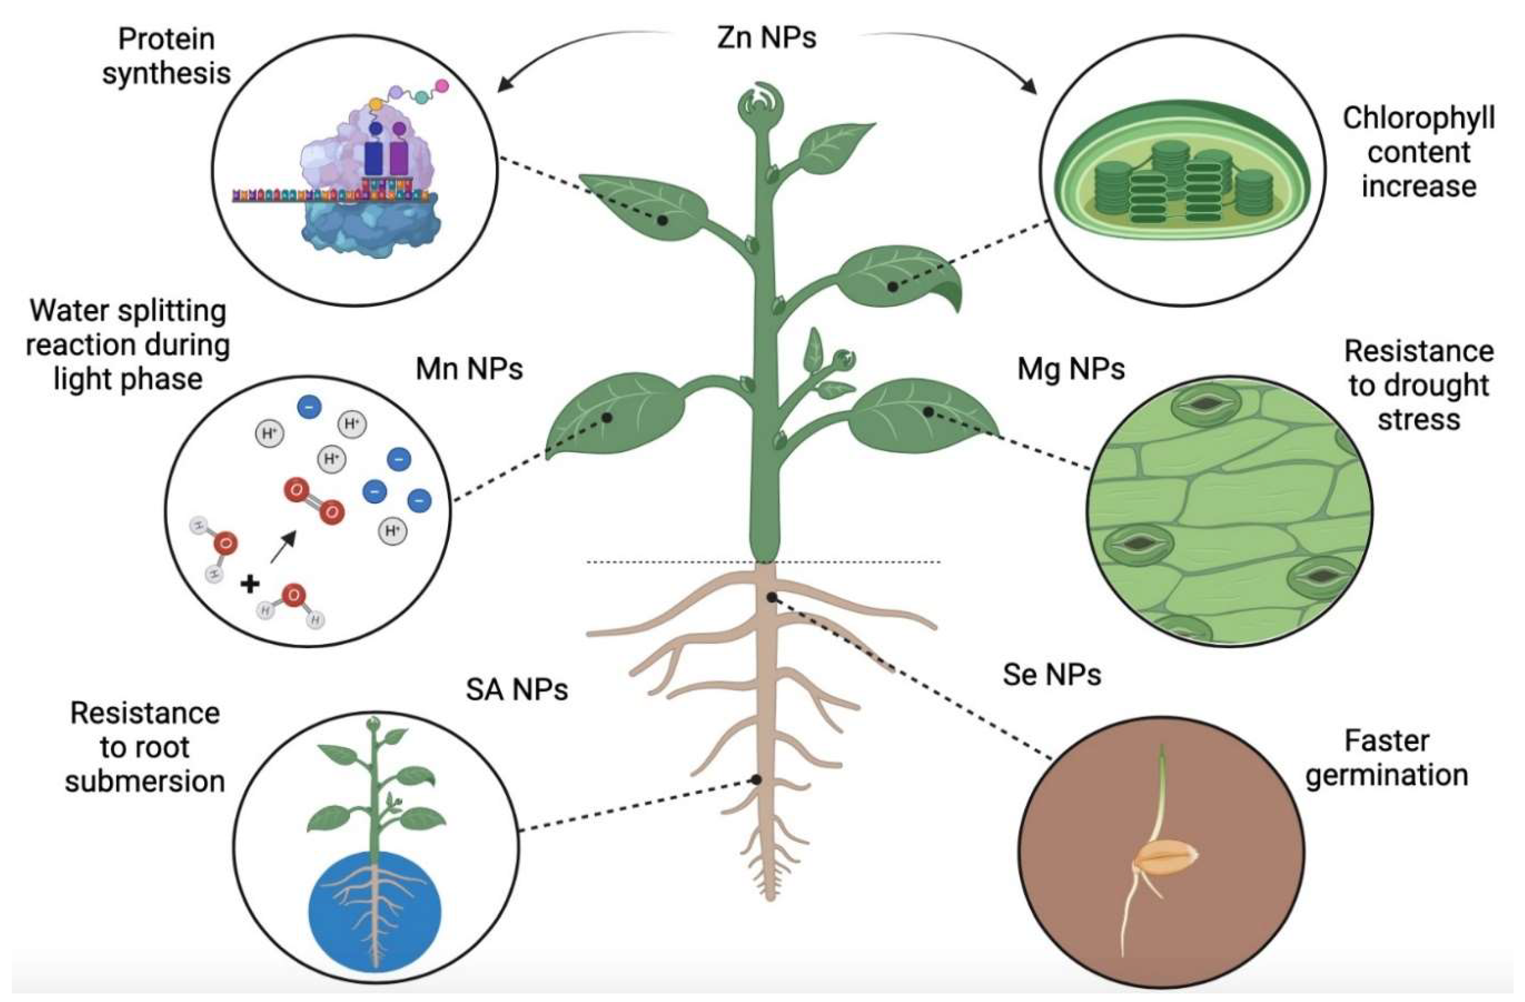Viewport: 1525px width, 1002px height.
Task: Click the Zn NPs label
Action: tap(766, 37)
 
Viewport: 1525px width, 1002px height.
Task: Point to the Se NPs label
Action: tap(1051, 674)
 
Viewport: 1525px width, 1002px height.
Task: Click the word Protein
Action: tap(166, 40)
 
